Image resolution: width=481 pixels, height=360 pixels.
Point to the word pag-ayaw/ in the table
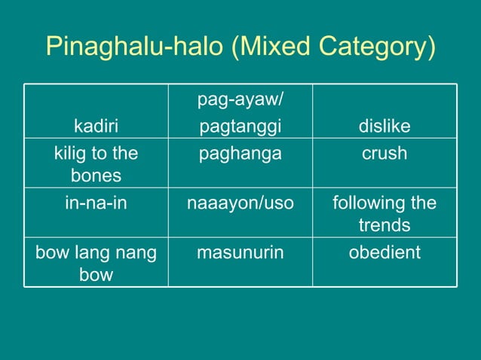click(240, 99)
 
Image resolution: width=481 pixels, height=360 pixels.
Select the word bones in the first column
click(96, 175)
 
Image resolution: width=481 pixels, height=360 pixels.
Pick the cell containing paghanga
click(240, 154)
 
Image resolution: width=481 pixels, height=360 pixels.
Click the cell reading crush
click(384, 154)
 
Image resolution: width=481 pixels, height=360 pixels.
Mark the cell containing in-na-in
click(96, 204)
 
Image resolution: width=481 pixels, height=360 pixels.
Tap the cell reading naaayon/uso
click(240, 204)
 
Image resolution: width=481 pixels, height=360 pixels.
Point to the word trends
click(384, 225)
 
